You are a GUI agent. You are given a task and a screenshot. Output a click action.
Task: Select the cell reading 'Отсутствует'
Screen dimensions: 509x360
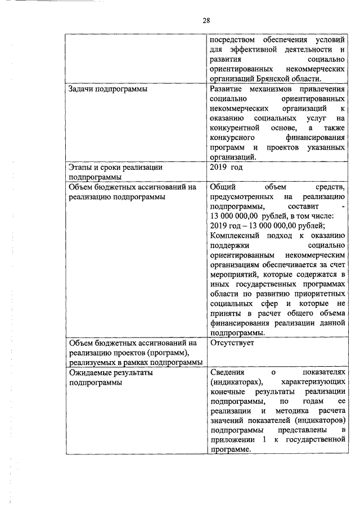[x=232, y=342]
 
